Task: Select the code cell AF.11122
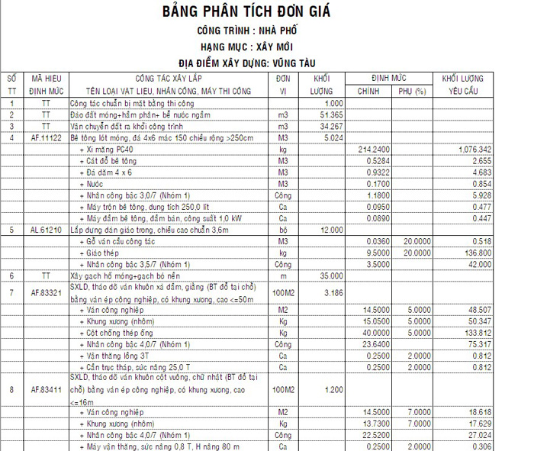pos(47,137)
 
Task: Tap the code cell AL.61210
pos(47,229)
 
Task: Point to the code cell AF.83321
pos(47,292)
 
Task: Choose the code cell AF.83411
pos(47,389)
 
